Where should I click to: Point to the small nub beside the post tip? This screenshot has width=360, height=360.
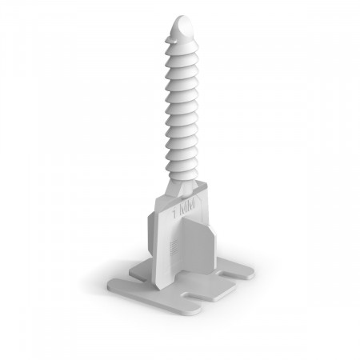click(x=168, y=41)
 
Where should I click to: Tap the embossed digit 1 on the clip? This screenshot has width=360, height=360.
click(x=174, y=213)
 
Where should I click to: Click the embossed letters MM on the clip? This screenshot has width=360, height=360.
click(x=187, y=207)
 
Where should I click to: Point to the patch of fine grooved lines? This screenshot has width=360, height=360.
click(x=174, y=246)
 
